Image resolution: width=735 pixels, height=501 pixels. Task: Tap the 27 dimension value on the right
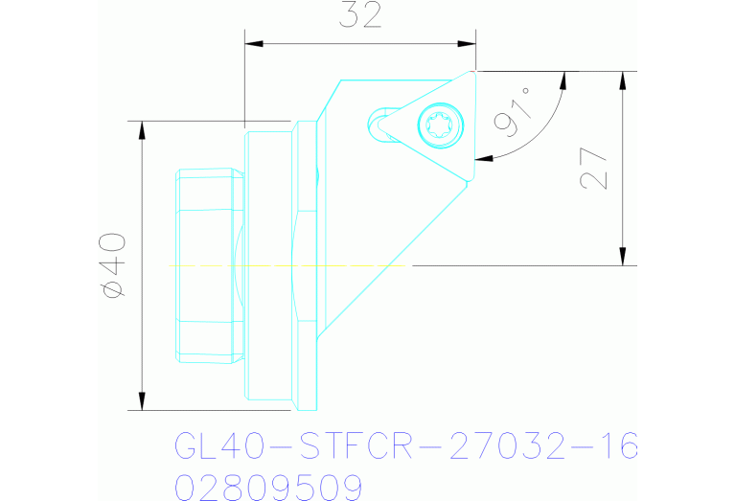(595, 169)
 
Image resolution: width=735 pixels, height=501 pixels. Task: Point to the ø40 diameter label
(113, 264)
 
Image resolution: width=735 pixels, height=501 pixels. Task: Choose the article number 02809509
(268, 486)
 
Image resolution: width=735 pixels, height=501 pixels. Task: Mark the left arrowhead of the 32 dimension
(252, 42)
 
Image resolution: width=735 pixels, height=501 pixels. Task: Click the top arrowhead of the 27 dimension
(624, 79)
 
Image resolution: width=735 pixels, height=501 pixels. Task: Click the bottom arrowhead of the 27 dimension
(624, 258)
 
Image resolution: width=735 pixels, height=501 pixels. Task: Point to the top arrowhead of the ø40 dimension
(142, 128)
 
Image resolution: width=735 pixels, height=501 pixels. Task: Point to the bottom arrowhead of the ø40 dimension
(142, 400)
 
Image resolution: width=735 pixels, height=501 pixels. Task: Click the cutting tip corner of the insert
(474, 72)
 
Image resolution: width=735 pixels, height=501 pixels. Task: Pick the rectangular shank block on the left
(210, 265)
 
